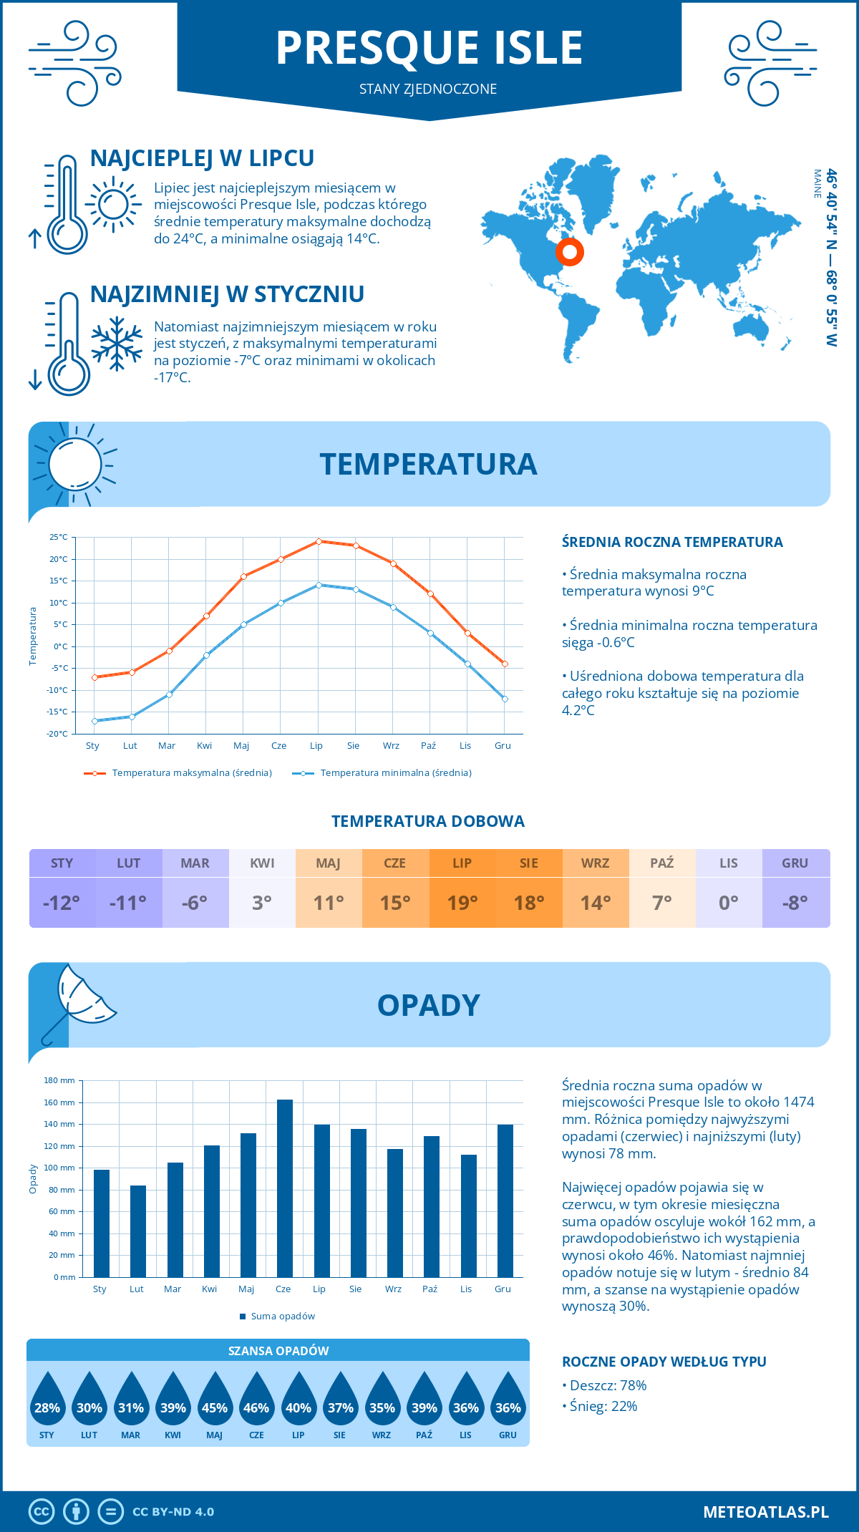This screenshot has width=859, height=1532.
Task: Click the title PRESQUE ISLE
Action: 429,48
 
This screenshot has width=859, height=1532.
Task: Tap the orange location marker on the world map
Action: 570,252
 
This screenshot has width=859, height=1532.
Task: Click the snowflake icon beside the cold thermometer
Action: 117,344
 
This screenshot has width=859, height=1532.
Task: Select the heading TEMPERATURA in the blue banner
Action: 428,464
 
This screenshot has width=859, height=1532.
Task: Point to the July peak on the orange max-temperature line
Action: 319,541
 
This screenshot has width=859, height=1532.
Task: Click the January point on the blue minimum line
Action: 94,720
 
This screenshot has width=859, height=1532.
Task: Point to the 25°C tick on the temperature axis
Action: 59,537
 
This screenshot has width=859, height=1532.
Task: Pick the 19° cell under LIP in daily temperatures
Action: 462,903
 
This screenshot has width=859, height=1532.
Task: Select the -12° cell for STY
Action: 62,903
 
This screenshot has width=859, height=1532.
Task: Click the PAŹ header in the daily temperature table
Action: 661,863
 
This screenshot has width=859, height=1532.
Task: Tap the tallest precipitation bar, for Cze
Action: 284,1188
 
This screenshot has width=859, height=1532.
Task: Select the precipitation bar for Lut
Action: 137,1231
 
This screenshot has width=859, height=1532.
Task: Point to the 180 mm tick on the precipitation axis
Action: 60,1080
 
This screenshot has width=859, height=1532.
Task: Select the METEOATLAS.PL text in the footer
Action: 765,1512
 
